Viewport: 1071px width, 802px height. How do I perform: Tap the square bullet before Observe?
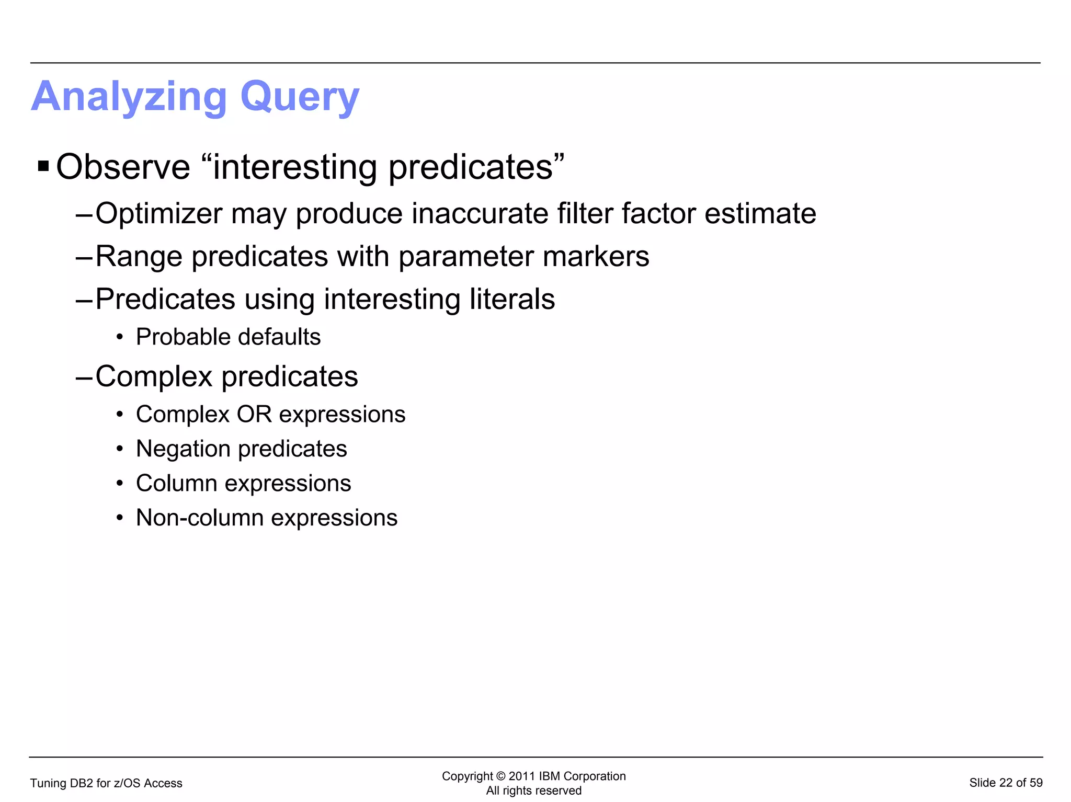click(x=43, y=167)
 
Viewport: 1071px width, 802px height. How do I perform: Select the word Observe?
click(x=123, y=167)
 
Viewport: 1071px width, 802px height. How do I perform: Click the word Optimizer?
click(x=158, y=214)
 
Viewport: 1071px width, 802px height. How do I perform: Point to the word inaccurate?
click(x=480, y=214)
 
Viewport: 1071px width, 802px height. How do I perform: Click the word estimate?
click(x=760, y=214)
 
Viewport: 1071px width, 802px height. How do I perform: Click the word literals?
click(x=512, y=299)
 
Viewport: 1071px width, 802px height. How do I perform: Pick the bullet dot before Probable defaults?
click(x=120, y=337)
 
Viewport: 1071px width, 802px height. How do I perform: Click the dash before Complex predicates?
click(x=84, y=377)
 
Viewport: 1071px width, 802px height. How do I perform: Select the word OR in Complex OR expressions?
click(x=254, y=414)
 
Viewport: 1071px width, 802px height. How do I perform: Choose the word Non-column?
click(x=200, y=518)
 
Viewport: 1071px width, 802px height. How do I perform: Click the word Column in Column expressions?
click(x=176, y=483)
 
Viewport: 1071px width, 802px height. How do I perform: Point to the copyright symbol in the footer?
click(x=500, y=776)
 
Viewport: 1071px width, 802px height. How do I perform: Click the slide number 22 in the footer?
click(x=1006, y=783)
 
